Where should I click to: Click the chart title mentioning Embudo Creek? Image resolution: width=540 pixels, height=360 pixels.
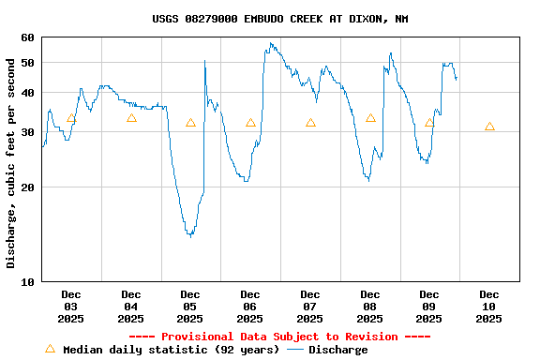coord(279,19)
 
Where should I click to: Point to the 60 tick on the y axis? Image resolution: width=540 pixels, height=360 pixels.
coord(26,37)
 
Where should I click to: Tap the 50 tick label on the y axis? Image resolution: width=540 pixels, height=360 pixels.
coord(26,62)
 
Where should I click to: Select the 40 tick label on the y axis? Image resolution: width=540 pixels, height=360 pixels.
coord(26,92)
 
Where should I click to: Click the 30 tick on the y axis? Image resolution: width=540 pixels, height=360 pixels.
coord(26,131)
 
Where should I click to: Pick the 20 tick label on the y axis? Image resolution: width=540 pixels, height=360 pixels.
coord(26,187)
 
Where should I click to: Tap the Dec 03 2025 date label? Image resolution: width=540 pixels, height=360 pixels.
coord(71,307)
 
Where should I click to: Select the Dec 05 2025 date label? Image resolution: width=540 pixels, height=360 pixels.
coord(190,307)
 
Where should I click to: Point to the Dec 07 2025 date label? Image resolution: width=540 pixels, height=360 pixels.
coord(310,307)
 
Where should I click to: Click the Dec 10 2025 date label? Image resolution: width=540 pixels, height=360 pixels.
coord(488,307)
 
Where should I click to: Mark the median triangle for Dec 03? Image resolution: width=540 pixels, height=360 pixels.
coord(71,118)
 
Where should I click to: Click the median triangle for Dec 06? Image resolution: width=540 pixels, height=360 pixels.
coord(250,123)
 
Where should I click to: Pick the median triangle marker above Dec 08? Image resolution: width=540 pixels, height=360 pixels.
coord(370,118)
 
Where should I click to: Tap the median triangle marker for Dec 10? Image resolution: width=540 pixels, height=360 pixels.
coord(489,127)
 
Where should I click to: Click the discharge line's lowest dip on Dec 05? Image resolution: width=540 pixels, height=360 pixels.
coord(190,235)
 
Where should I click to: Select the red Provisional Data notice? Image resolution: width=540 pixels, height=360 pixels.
coord(279,337)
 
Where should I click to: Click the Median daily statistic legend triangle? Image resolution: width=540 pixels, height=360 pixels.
coord(50,349)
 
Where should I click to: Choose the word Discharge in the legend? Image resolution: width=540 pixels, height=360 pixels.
coord(338,350)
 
